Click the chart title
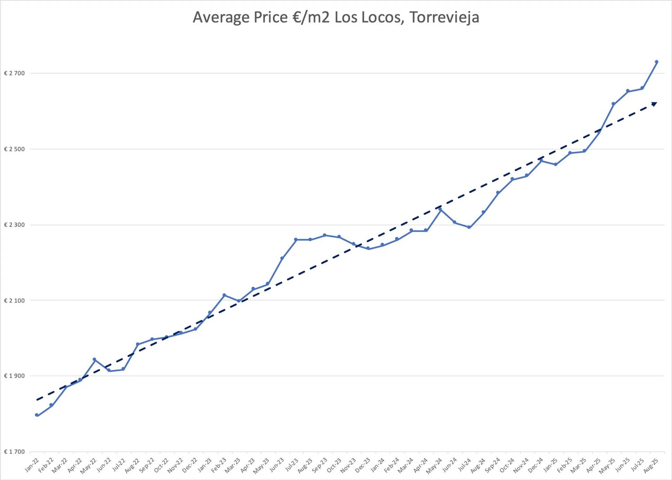click(336, 17)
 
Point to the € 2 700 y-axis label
click(14, 73)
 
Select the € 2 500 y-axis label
click(14, 149)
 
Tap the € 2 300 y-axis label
click(14, 225)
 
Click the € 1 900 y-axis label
click(14, 376)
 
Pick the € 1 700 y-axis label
click(14, 452)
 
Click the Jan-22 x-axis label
click(32, 465)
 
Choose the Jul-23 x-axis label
click(291, 465)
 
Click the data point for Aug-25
click(657, 62)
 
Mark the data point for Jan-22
click(37, 415)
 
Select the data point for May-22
click(94, 360)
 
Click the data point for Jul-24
click(469, 227)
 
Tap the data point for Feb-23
click(224, 295)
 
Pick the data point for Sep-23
click(325, 235)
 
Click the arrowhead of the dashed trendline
click(654, 104)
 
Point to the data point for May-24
click(440, 209)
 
